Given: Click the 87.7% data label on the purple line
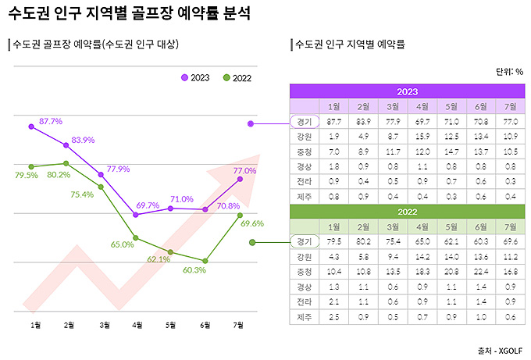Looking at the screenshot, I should tap(51, 121).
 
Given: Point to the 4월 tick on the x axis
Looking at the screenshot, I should tap(137, 323).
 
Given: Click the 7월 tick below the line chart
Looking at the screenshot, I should tap(239, 323).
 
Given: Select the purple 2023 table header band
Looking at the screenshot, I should tap(407, 91).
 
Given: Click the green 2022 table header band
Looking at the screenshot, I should tap(407, 211).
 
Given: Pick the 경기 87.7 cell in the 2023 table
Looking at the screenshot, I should tap(334, 121).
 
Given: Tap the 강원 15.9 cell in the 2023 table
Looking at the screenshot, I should tap(422, 136).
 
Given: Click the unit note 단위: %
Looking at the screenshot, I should tap(509, 72).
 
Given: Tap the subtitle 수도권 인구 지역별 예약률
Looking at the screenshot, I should tap(349, 45).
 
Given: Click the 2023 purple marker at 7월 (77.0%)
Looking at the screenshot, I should tap(240, 180).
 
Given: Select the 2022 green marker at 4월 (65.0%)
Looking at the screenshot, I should tap(137, 237).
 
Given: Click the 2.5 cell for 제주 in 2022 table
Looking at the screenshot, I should tap(334, 316).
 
